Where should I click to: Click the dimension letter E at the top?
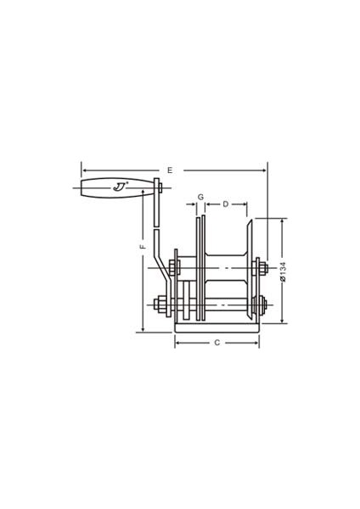pyautogui.click(x=170, y=171)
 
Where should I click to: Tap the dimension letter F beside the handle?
pyautogui.click(x=143, y=247)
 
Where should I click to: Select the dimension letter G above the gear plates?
pyautogui.click(x=200, y=197)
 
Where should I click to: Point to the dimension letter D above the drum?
pyautogui.click(x=226, y=204)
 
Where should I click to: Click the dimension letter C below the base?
pyautogui.click(x=217, y=343)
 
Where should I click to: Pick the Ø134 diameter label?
pyautogui.click(x=283, y=271)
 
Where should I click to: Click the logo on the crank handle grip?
pyautogui.click(x=121, y=187)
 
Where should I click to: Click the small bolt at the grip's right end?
pyautogui.click(x=160, y=187)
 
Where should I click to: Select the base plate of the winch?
pyautogui.click(x=217, y=327)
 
